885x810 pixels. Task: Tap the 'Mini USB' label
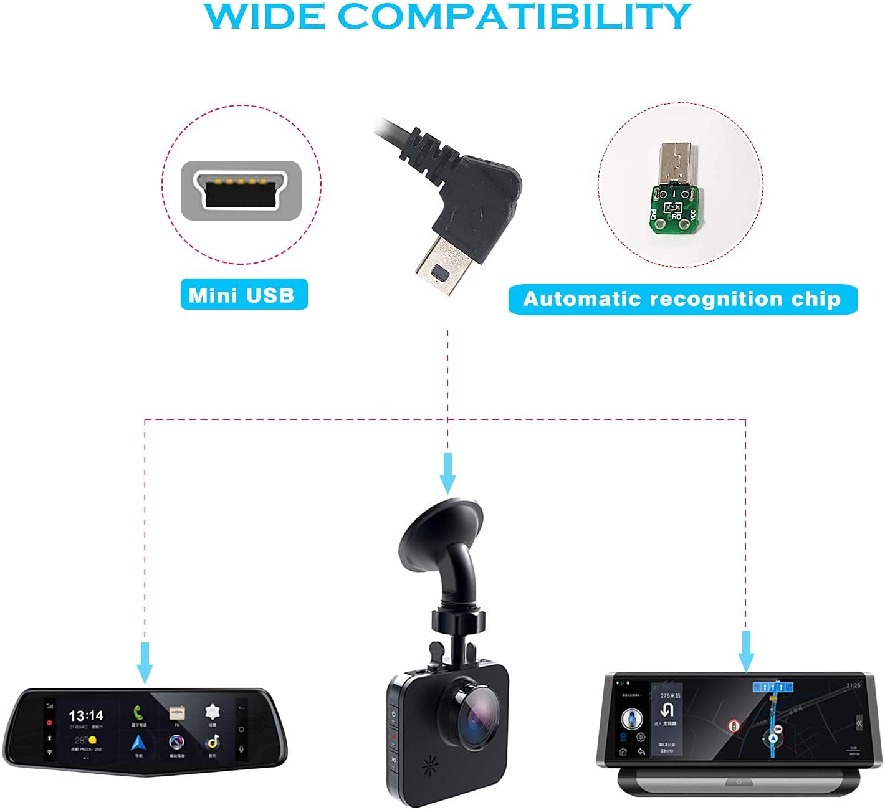click(241, 295)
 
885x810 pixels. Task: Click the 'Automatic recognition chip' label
click(682, 299)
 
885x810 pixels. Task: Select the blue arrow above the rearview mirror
click(145, 662)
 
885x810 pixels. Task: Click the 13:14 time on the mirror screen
click(85, 715)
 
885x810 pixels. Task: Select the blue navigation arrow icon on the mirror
click(138, 742)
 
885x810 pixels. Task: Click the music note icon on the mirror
click(213, 741)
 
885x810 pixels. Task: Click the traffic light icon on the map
click(734, 726)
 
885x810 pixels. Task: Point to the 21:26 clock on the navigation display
click(853, 685)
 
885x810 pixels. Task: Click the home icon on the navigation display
click(623, 752)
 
